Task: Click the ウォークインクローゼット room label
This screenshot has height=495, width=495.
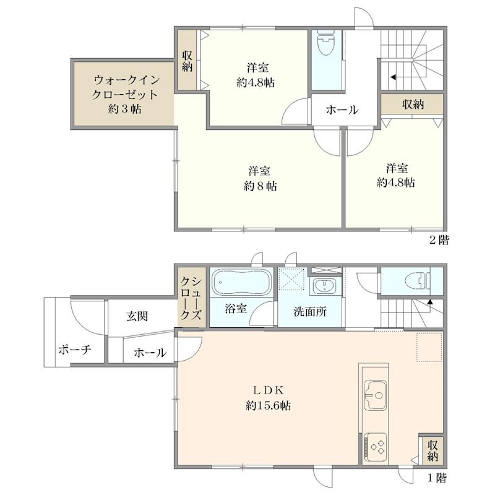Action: (x=123, y=95)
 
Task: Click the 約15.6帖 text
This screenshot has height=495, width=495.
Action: (x=268, y=407)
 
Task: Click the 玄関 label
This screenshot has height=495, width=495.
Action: (x=137, y=316)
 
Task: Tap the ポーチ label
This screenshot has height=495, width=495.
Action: (x=75, y=350)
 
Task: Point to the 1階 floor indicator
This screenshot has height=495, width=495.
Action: (x=436, y=478)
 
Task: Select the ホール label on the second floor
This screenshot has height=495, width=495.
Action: (x=342, y=110)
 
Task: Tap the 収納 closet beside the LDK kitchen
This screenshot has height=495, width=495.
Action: (x=432, y=450)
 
